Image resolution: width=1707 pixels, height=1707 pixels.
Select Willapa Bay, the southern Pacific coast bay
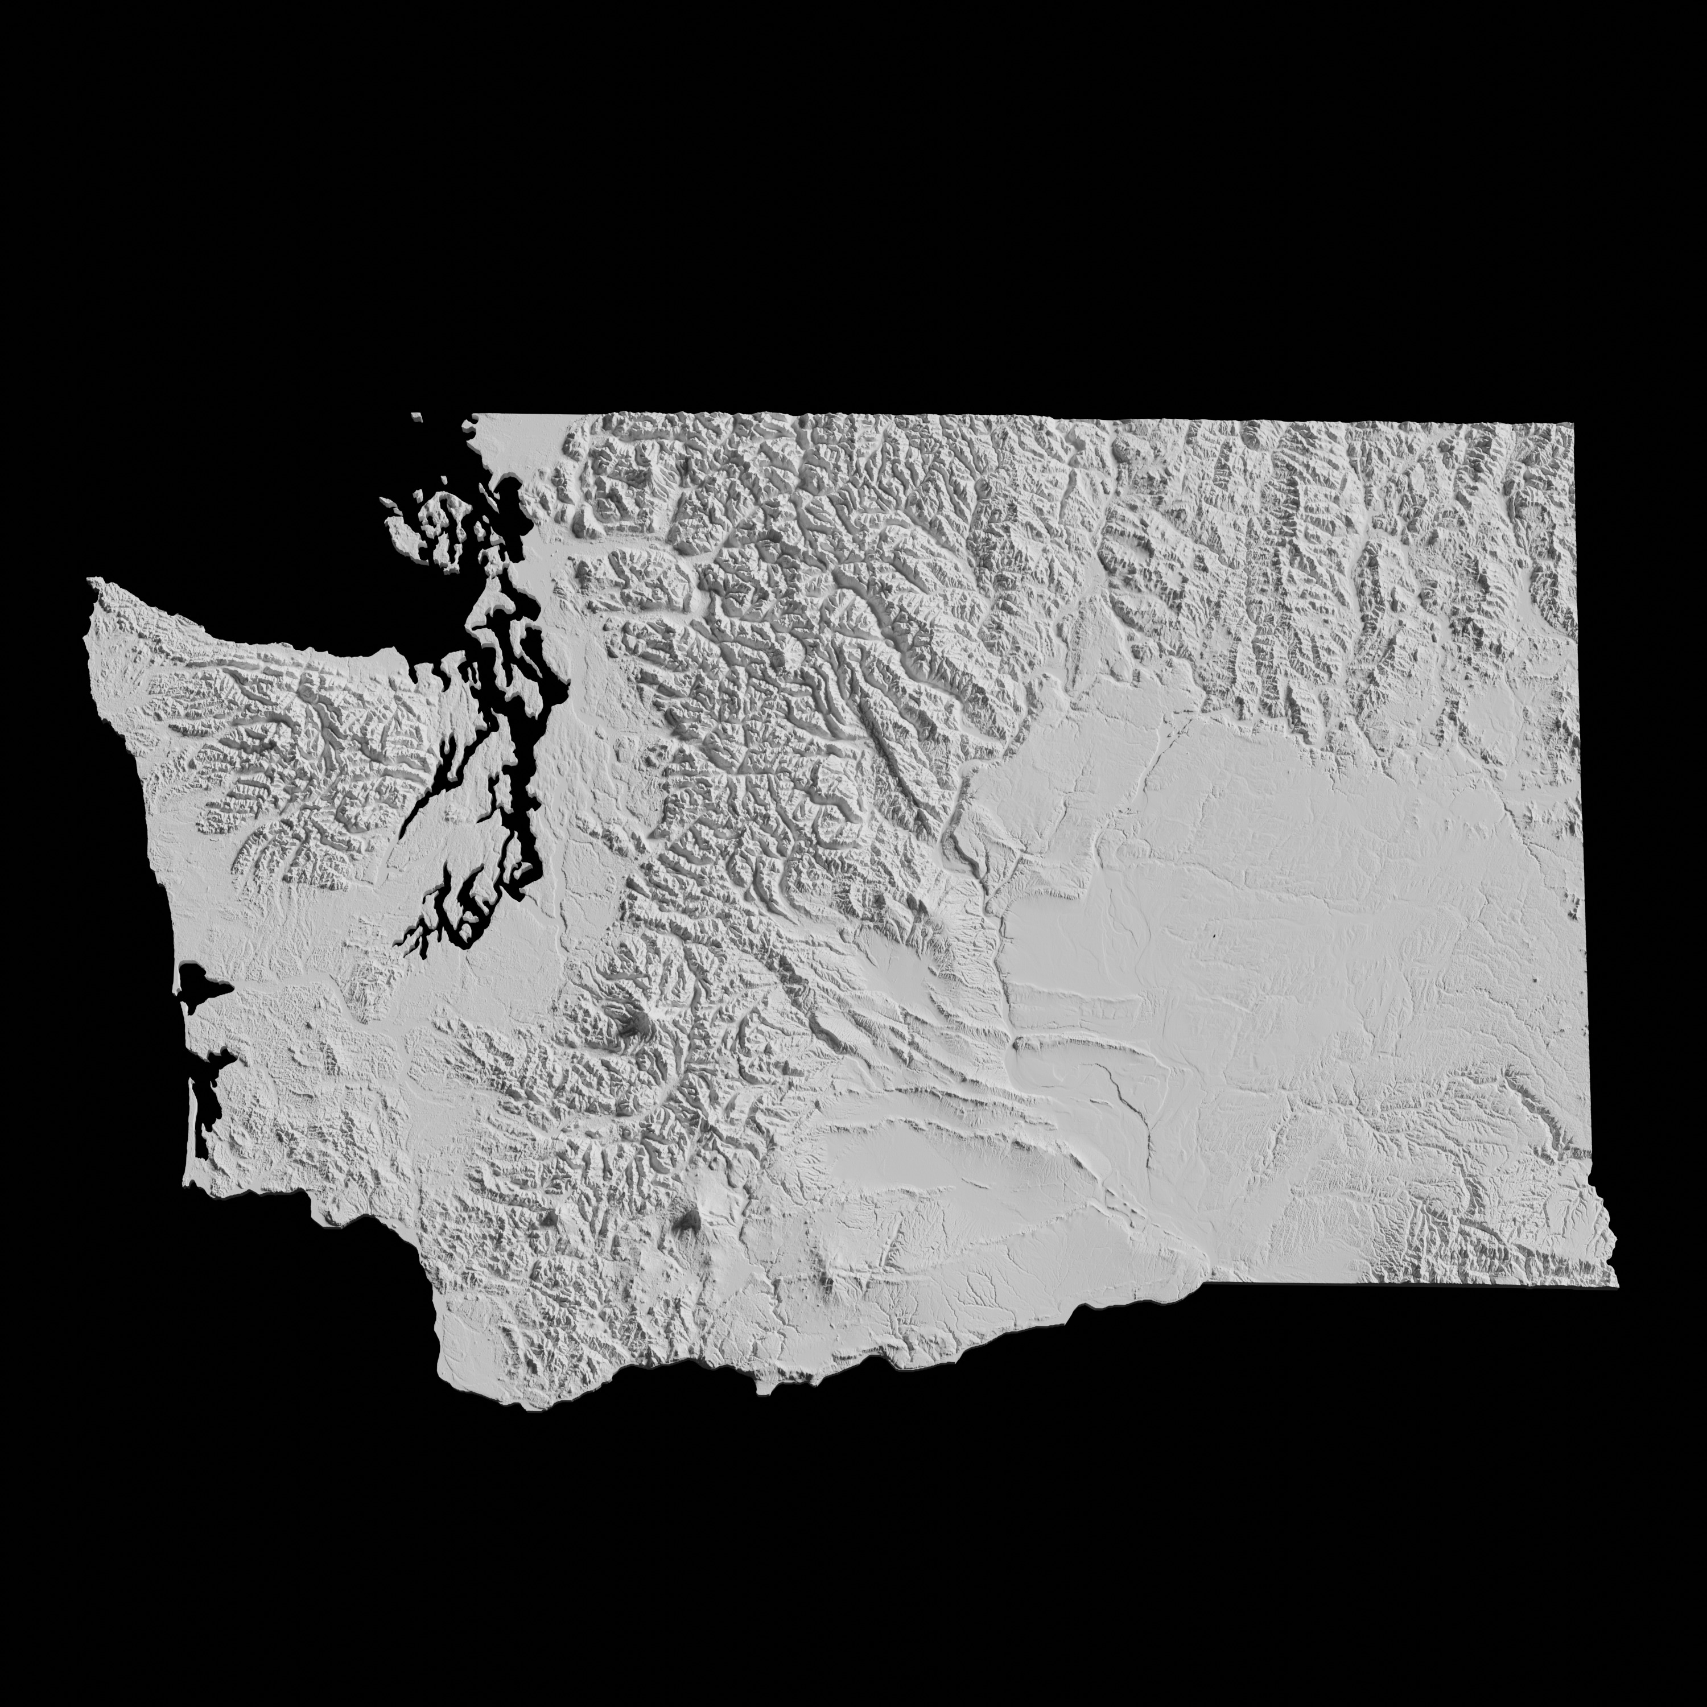click(208, 1095)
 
